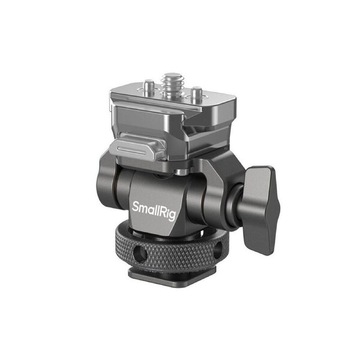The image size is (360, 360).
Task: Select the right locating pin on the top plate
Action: (x=195, y=94)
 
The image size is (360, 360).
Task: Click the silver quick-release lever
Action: (x=137, y=150)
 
